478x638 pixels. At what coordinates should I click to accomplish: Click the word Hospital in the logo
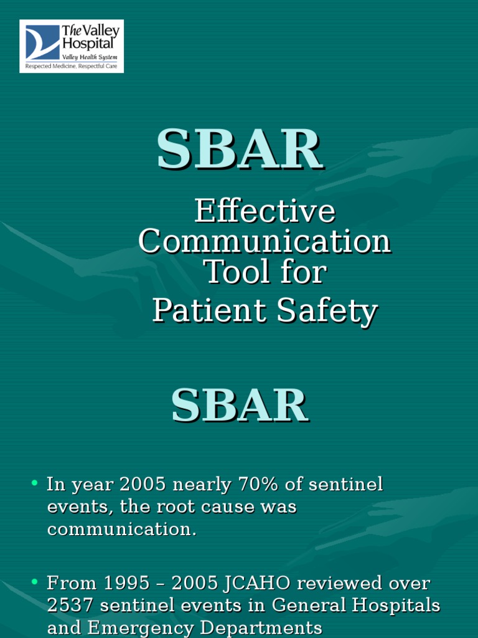(x=87, y=43)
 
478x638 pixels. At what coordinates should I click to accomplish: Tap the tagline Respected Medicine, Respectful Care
(x=71, y=65)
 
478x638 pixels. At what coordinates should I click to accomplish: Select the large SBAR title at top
(x=240, y=150)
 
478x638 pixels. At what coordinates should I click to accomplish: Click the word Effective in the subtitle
(x=265, y=212)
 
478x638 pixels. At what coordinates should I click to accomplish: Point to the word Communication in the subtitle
(x=265, y=242)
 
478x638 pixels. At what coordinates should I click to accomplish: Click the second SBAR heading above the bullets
(x=240, y=406)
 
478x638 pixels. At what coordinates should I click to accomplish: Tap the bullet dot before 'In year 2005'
(x=35, y=483)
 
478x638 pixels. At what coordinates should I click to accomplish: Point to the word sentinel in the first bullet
(x=344, y=484)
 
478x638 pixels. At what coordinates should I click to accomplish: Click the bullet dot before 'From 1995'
(x=35, y=583)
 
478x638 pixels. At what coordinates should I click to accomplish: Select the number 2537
(x=71, y=606)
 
